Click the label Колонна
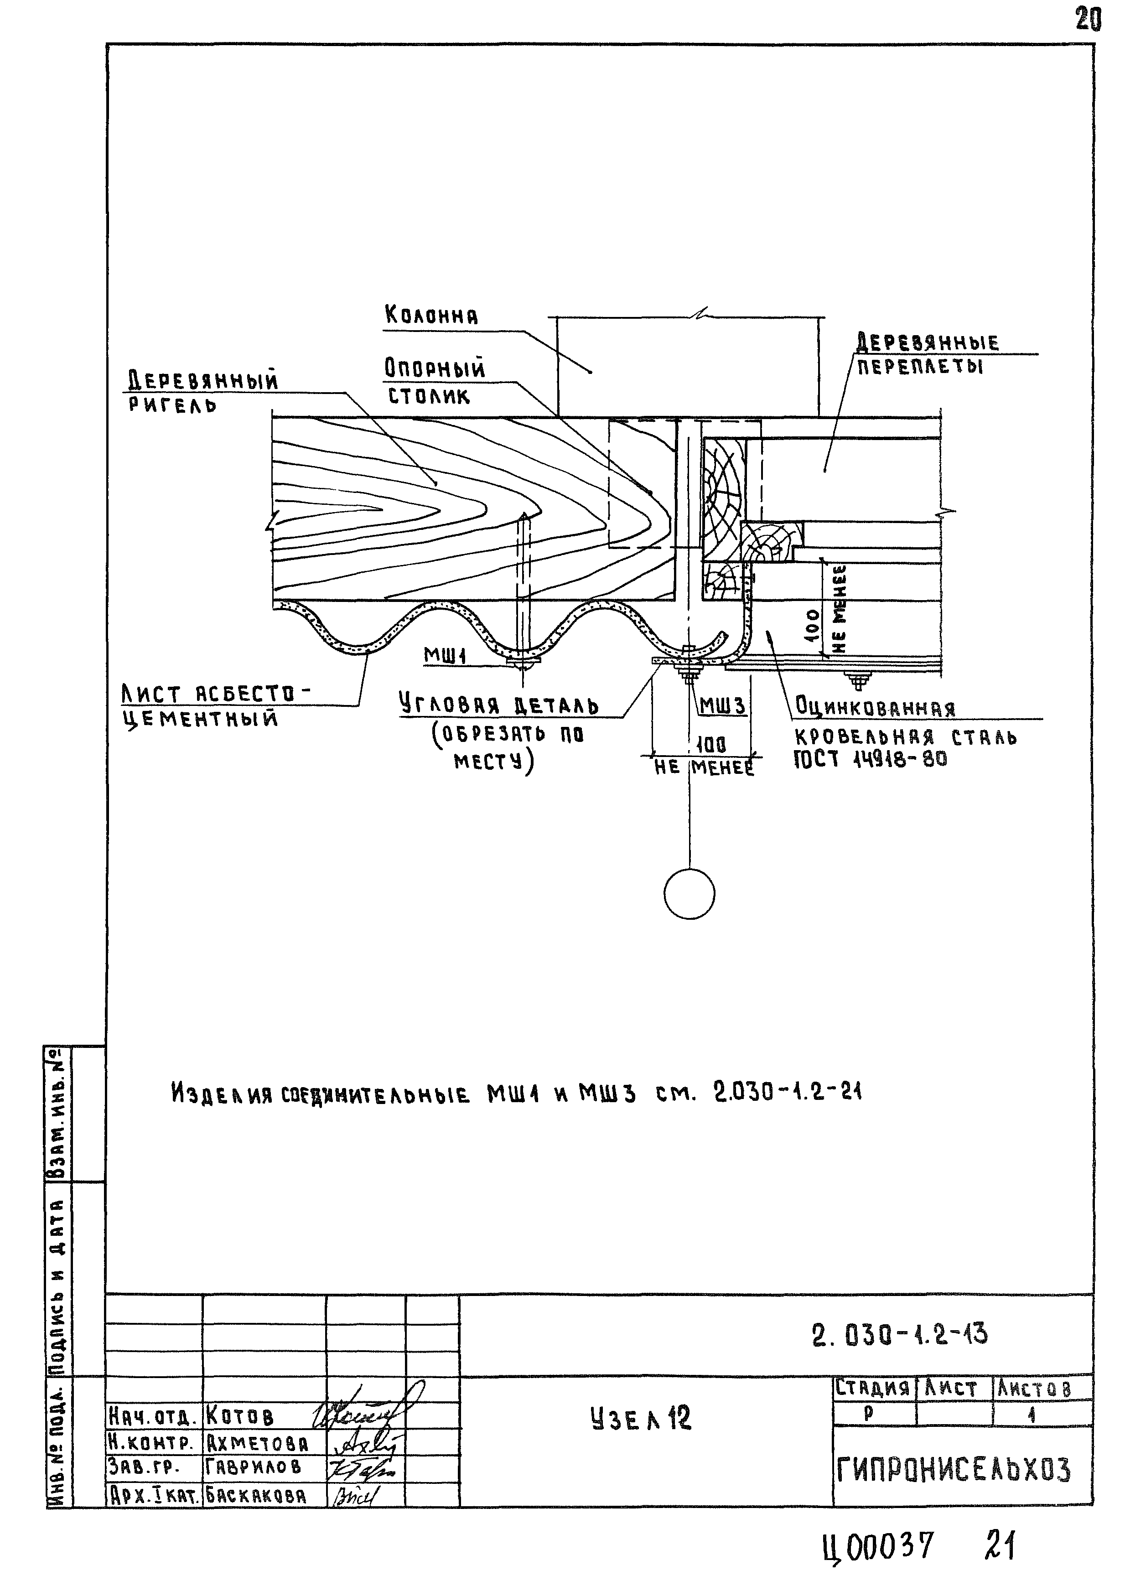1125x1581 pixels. pyautogui.click(x=431, y=316)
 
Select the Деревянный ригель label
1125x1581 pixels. pyautogui.click(x=202, y=391)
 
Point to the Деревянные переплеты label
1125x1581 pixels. pyautogui.click(x=927, y=353)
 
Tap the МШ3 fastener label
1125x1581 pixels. pyautogui.click(x=722, y=706)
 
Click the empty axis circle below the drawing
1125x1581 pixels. pyautogui.click(x=689, y=894)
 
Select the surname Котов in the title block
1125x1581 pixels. pyautogui.click(x=240, y=1415)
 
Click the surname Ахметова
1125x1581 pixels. pyautogui.click(x=256, y=1443)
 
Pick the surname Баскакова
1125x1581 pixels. pyautogui.click(x=255, y=1495)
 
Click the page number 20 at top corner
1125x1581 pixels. pyautogui.click(x=1088, y=20)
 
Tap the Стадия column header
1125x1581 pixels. pyautogui.click(x=872, y=1388)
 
